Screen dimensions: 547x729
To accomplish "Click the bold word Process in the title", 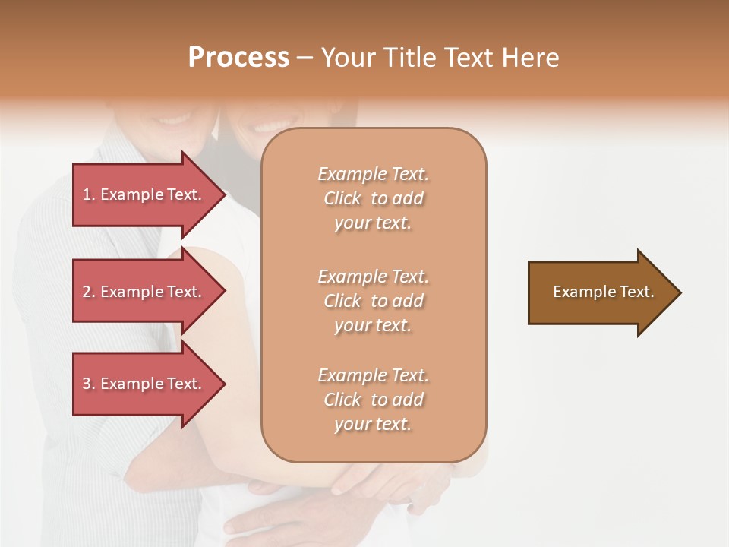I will tap(238, 58).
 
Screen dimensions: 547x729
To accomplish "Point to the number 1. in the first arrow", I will tap(89, 194).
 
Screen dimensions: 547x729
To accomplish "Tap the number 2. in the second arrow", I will tap(89, 292).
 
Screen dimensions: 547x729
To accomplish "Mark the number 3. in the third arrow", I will tap(89, 384).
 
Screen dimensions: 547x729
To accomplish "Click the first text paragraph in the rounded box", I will tap(373, 198).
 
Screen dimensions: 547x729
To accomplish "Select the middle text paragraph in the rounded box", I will tap(373, 301).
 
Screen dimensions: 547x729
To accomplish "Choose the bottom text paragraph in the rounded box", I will tap(373, 400).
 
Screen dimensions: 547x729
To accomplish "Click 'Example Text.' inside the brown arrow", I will tap(603, 292).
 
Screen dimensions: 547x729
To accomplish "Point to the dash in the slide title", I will tap(305, 58).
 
